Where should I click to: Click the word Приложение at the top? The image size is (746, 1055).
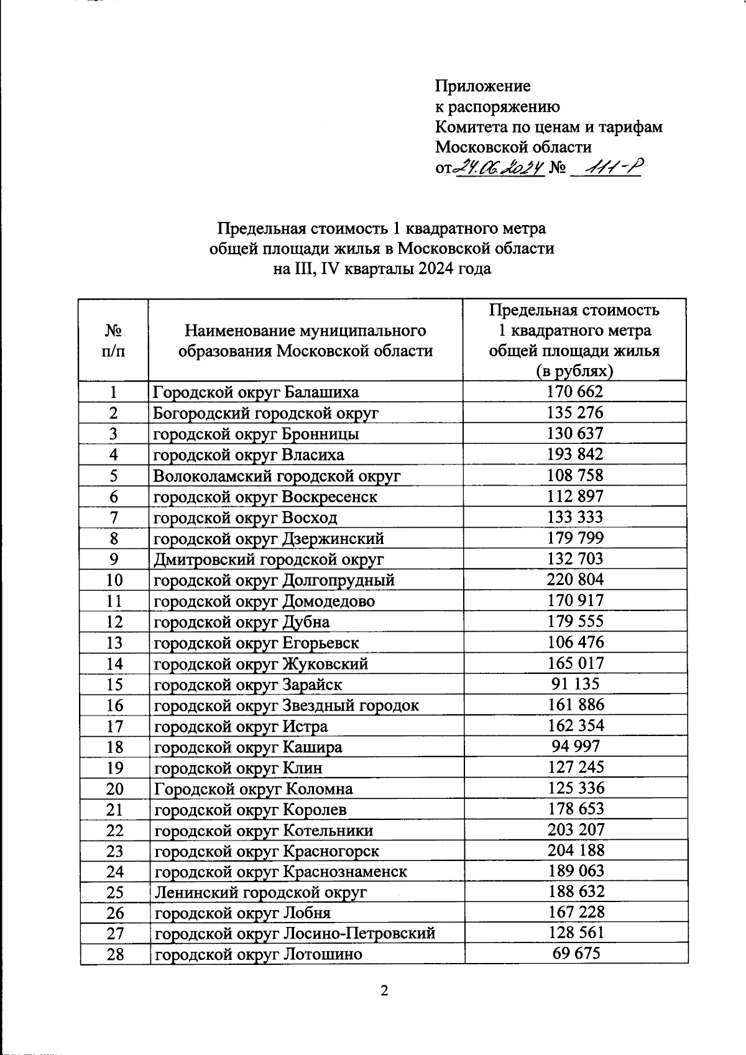click(482, 86)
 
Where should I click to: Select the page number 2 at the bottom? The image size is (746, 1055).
click(384, 990)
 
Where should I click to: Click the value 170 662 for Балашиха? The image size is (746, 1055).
click(575, 392)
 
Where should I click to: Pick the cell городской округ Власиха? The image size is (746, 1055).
click(249, 454)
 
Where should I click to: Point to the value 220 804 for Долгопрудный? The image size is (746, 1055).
click(575, 579)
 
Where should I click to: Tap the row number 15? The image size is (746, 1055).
click(114, 684)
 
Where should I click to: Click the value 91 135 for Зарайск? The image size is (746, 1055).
click(575, 684)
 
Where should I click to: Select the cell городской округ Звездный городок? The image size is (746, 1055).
click(287, 705)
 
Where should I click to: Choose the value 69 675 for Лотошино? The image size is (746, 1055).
click(576, 953)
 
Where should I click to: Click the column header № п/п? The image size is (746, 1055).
click(113, 340)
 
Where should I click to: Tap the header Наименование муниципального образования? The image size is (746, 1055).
click(305, 340)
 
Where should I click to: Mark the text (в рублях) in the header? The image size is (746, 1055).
click(574, 371)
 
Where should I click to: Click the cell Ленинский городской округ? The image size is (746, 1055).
click(260, 892)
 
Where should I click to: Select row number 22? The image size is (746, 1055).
click(114, 831)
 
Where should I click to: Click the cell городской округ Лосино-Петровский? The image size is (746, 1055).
click(295, 933)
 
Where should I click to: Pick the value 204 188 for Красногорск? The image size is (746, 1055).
click(576, 850)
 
